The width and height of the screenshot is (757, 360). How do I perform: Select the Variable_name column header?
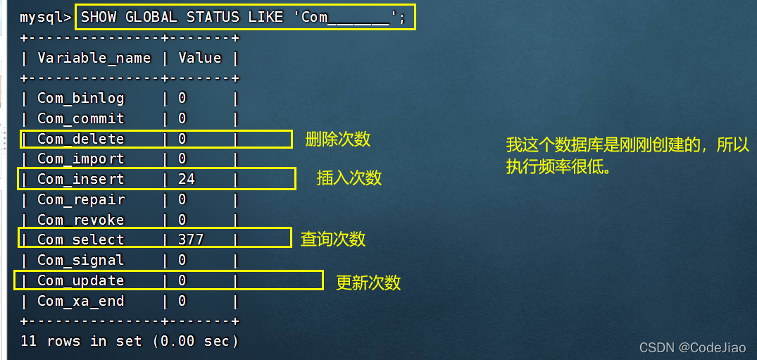94,58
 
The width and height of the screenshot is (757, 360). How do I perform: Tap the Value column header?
199,58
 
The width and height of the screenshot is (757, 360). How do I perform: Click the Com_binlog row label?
80,98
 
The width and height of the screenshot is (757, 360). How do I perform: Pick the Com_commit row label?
80,118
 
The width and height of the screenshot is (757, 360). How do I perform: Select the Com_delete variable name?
80,139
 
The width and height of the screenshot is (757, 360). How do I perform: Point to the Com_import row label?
80,159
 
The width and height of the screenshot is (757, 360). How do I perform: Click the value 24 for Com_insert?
187,179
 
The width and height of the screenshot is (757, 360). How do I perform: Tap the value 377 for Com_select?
191,240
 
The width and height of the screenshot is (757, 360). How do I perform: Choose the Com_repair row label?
80,199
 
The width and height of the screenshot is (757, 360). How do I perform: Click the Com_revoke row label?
80,220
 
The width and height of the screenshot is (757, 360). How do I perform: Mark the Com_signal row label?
80,260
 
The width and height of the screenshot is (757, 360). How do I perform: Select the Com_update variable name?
80,280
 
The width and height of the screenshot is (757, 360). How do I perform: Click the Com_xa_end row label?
80,301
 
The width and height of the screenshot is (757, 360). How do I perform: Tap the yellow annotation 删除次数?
338,139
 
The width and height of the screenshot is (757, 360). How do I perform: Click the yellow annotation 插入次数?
349,178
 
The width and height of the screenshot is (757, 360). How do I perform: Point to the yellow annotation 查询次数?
333,239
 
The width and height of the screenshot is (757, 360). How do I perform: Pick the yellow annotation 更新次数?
368,283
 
